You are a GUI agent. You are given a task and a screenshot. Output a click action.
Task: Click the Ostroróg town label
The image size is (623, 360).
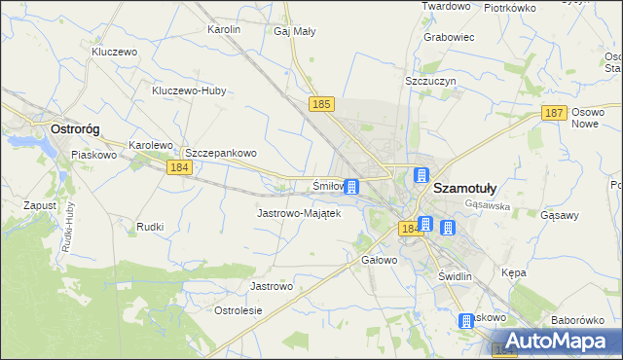(78, 128)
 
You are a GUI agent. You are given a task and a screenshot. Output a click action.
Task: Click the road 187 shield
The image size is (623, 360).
(554, 114)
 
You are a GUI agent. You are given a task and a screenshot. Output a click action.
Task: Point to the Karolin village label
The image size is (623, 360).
(224, 30)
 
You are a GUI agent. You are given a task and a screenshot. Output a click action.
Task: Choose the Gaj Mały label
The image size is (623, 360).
(295, 31)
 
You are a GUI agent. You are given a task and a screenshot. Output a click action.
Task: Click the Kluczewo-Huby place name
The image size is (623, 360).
(189, 91)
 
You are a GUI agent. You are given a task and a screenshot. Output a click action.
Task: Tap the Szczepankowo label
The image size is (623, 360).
(220, 153)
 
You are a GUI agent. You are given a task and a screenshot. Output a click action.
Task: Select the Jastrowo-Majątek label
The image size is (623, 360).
(298, 213)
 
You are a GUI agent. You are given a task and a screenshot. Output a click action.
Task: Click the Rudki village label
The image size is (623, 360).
(150, 227)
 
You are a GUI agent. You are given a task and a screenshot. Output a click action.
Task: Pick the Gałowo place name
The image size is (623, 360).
(380, 261)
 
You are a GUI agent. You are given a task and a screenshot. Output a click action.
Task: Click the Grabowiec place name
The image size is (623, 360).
(449, 38)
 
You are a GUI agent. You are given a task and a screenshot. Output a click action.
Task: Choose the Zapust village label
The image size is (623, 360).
(40, 206)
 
